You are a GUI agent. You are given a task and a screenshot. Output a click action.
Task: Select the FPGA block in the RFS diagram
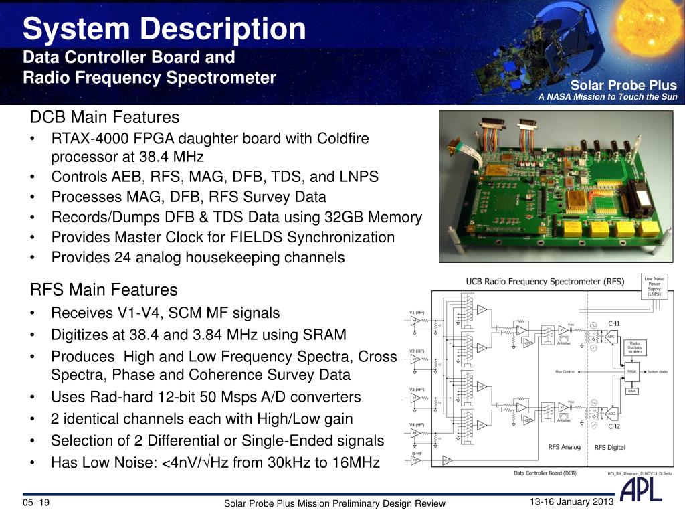[x=631, y=371]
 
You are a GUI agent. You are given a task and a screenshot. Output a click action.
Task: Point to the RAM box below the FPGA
[x=631, y=391]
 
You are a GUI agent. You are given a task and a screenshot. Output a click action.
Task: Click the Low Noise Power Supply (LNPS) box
[x=654, y=286]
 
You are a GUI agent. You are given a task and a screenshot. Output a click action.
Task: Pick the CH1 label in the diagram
[x=613, y=324]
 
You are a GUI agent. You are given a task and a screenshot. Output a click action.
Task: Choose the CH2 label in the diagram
[x=613, y=426]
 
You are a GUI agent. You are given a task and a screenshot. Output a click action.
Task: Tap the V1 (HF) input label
[x=416, y=312]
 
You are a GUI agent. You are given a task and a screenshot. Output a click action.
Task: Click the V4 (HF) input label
[x=416, y=425]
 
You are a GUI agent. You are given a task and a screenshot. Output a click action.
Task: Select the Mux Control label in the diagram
[x=565, y=371]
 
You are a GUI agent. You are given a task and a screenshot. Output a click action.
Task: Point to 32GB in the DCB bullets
[x=345, y=217]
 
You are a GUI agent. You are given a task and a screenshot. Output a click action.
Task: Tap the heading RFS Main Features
[x=104, y=290]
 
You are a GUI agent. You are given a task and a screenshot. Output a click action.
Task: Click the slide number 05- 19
[x=37, y=503]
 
